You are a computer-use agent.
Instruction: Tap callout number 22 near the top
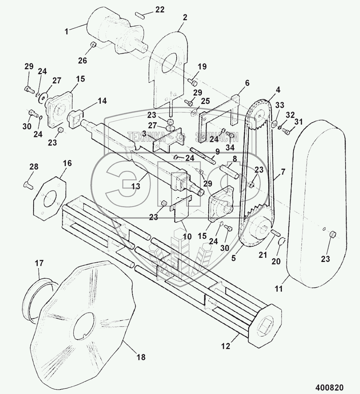click(160, 10)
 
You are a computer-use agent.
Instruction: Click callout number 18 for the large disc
click(142, 357)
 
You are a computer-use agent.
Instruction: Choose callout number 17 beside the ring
click(39, 263)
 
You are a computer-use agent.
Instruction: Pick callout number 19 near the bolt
click(202, 67)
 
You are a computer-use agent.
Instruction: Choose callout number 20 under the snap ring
click(276, 261)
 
